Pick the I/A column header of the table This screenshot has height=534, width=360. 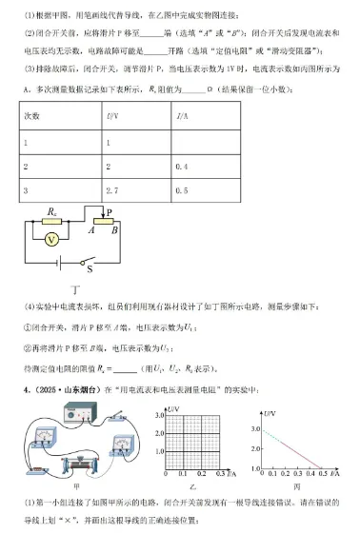[181, 115]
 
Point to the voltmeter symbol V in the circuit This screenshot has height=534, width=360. [52, 239]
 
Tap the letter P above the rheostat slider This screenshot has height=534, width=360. [110, 213]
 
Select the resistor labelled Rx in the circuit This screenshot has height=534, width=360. [52, 221]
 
